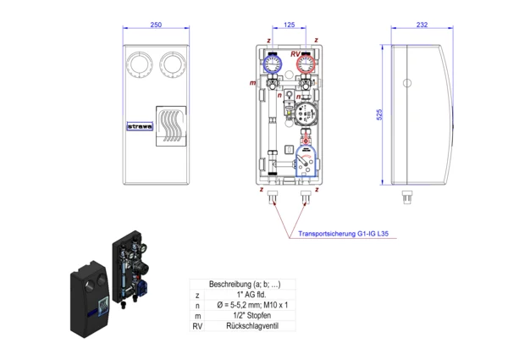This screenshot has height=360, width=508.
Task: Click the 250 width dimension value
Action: click(x=156, y=25)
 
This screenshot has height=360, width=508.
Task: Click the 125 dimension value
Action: click(x=290, y=25)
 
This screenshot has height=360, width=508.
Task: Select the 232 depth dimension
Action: click(x=422, y=25)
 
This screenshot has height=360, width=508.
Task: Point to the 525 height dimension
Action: click(x=380, y=114)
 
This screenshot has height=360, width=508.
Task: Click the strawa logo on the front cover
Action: click(x=138, y=127)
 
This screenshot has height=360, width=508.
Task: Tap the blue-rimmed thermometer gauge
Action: click(x=273, y=64)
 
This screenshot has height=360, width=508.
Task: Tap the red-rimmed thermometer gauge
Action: click(x=306, y=64)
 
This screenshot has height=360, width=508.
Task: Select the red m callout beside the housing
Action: click(x=252, y=83)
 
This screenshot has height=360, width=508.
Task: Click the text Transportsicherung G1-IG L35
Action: click(x=343, y=235)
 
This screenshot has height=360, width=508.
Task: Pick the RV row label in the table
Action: click(x=197, y=325)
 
